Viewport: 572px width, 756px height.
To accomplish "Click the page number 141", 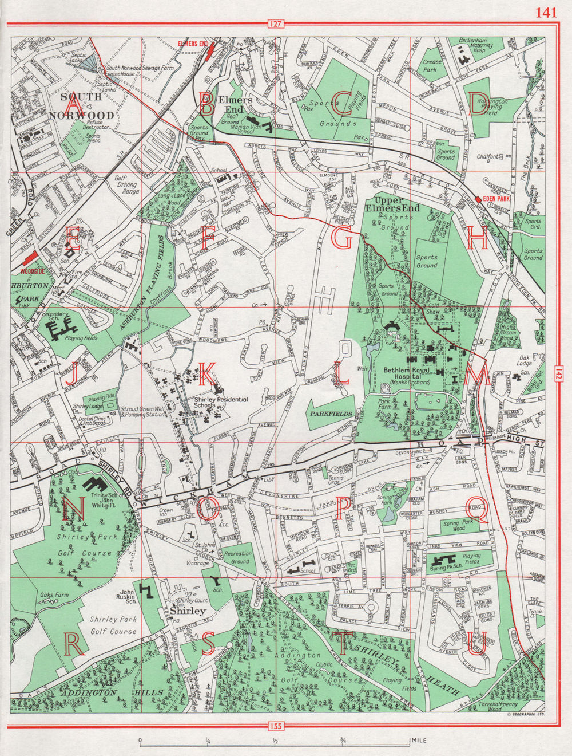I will [x=546, y=13].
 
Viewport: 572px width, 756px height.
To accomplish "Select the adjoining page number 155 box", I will [x=276, y=727].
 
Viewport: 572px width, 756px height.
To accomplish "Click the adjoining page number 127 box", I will [x=276, y=24].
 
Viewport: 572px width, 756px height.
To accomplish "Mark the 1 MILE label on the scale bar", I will [x=418, y=741].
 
